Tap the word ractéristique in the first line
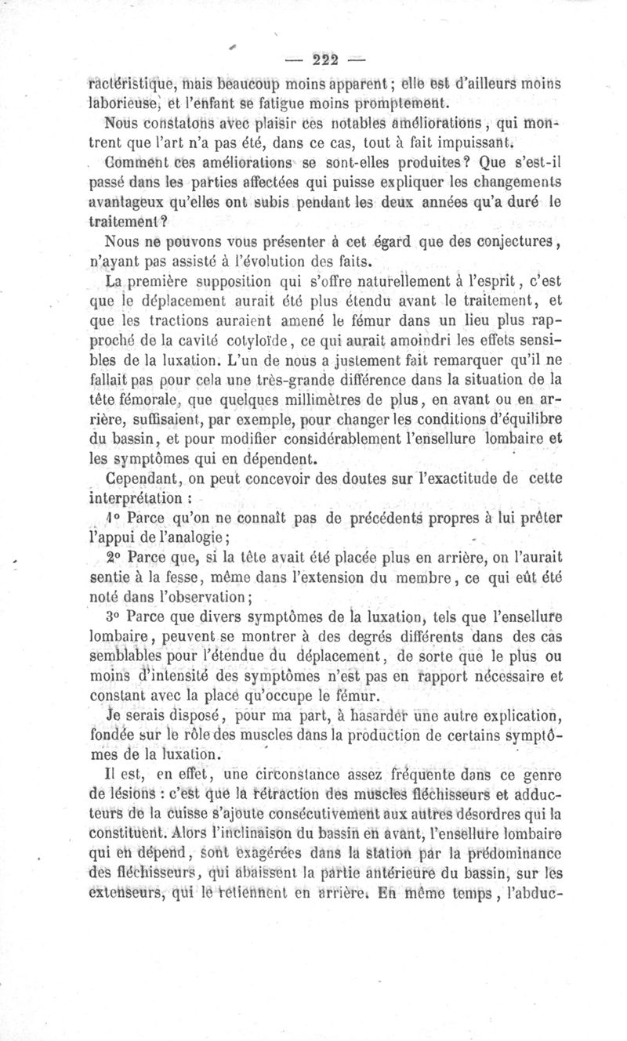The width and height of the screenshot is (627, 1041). [x=131, y=83]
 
